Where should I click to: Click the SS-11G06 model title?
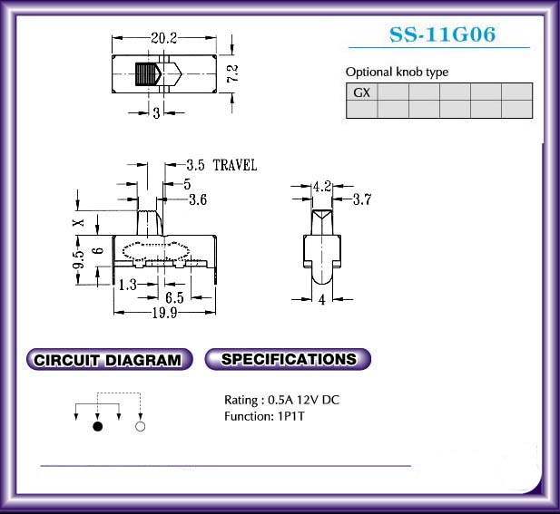pyautogui.click(x=442, y=34)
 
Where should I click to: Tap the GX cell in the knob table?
pyautogui.click(x=361, y=92)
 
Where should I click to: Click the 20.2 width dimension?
pyautogui.click(x=164, y=38)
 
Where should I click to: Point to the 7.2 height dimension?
pyautogui.click(x=232, y=73)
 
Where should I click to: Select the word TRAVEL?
pyautogui.click(x=235, y=165)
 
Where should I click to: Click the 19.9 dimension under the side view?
pyautogui.click(x=164, y=313)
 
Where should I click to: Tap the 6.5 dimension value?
pyautogui.click(x=174, y=297)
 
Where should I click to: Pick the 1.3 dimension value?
pyautogui.click(x=127, y=285)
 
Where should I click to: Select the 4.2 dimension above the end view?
pyautogui.click(x=322, y=186)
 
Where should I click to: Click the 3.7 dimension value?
pyautogui.click(x=362, y=199)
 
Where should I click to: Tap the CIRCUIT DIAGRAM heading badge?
pyautogui.click(x=110, y=360)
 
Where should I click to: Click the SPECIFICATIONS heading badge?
pyautogui.click(x=289, y=359)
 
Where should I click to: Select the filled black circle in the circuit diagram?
pyautogui.click(x=97, y=426)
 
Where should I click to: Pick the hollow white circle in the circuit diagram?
pyautogui.click(x=141, y=426)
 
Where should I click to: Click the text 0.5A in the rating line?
pyautogui.click(x=280, y=400)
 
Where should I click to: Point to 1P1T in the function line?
pyautogui.click(x=291, y=416)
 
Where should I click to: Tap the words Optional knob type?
pyautogui.click(x=397, y=72)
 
